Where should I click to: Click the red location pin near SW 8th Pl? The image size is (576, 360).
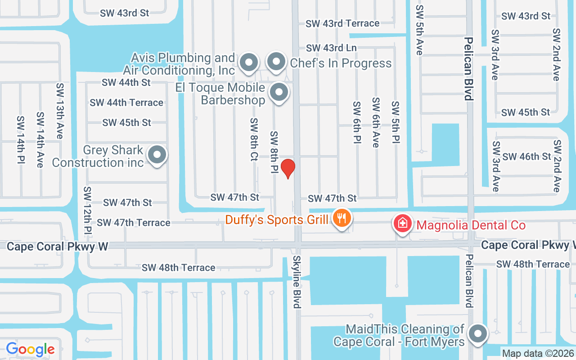(288, 168)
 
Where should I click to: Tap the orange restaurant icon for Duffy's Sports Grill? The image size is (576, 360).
(342, 219)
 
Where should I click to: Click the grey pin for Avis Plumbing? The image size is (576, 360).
(248, 63)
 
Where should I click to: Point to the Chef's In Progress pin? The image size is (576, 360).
(276, 62)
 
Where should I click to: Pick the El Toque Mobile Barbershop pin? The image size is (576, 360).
(279, 93)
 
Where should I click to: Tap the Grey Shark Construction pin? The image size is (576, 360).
(157, 155)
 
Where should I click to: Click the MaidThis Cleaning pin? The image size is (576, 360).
(477, 334)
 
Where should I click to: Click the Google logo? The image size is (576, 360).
(30, 349)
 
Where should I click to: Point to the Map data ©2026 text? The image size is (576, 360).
(538, 354)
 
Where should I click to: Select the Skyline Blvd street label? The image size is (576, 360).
(297, 282)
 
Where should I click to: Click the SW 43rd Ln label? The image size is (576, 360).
(331, 48)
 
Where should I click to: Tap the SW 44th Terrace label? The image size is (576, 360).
(126, 103)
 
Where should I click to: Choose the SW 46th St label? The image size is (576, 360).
(526, 157)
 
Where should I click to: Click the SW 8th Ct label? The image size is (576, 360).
(254, 139)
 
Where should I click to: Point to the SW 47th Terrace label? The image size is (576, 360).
(134, 223)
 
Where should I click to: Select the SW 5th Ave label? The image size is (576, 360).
(419, 30)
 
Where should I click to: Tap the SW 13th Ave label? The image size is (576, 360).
(60, 110)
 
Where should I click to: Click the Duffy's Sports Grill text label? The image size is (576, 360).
(277, 220)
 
